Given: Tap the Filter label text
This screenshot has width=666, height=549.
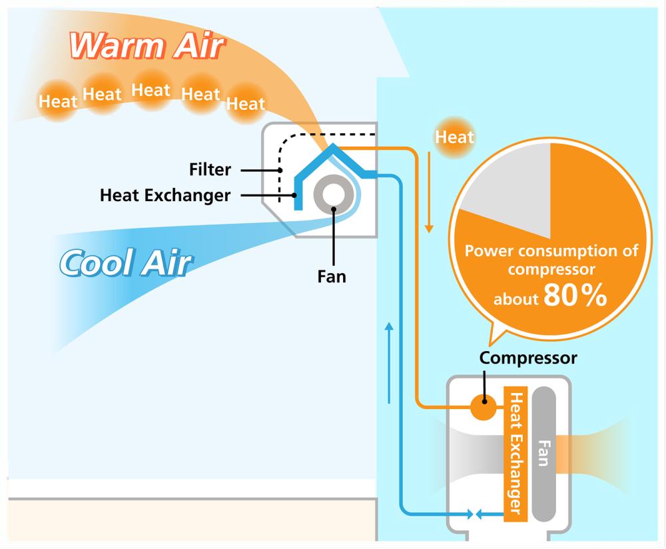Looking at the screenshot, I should tap(210, 170).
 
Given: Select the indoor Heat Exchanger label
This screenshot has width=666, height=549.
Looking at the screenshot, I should tap(165, 195).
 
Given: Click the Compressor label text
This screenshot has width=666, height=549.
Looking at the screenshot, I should tap(528, 358).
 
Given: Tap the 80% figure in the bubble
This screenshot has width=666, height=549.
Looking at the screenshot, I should tap(575, 297).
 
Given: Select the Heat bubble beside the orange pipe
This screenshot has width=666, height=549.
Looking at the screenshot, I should tap(454, 137).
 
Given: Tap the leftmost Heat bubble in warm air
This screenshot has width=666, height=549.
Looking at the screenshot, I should tap(58, 102).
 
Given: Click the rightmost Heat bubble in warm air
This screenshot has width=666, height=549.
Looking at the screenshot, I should tap(246, 104).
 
